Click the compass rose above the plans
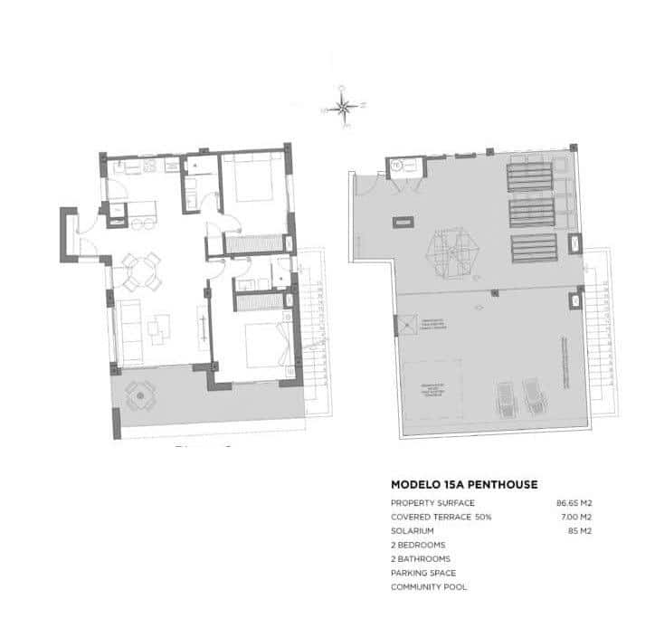343,108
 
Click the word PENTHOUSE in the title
498,485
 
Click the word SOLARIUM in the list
413,530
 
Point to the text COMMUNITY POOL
429,587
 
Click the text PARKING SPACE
422,573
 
